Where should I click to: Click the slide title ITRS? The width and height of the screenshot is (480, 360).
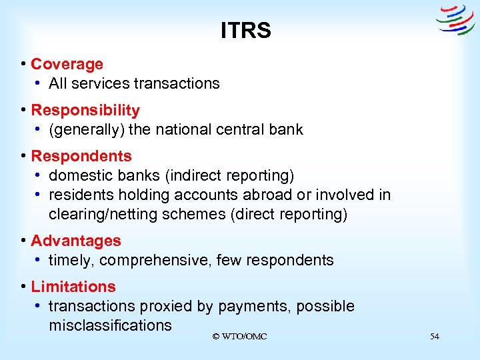coord(246,31)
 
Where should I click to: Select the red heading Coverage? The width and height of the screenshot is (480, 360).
coord(67,64)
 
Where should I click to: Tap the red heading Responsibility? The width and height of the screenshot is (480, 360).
coord(85,110)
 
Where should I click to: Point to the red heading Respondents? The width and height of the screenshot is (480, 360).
coord(81,156)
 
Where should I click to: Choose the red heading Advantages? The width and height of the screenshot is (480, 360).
coord(76,241)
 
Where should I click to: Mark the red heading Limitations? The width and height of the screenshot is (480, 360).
coord(73,287)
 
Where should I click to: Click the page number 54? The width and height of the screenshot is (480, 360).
coord(435,337)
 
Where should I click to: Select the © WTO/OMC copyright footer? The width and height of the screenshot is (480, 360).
coord(239,337)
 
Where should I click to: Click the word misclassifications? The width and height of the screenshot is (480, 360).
coord(110,325)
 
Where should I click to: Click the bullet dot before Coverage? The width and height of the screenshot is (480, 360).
coord(23,64)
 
